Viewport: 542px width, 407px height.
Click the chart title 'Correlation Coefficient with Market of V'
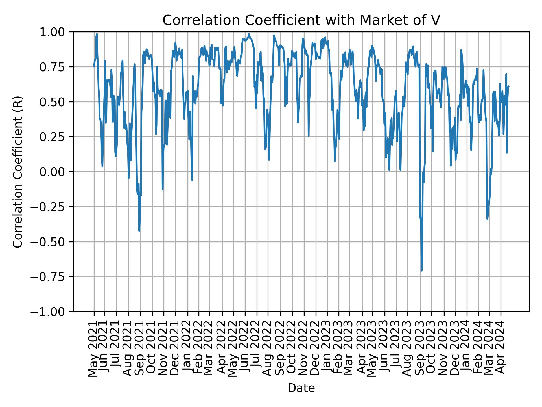[301, 20]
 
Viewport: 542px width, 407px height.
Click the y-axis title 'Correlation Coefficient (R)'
[18, 172]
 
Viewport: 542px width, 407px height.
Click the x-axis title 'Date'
[301, 388]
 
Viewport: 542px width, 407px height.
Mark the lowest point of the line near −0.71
[421, 271]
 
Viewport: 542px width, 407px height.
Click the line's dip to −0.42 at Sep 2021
[139, 231]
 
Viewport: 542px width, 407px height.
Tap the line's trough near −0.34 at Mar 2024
[488, 219]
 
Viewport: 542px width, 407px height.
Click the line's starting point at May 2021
[94, 67]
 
